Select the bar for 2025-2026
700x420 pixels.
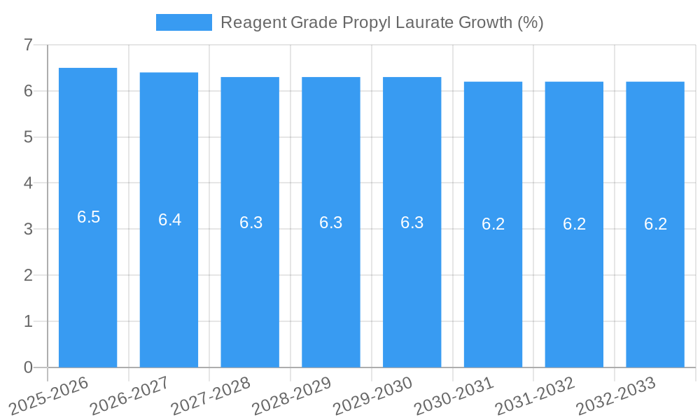tap(87, 280)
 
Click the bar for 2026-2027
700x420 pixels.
tap(169, 280)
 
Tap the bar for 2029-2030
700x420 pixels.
tap(412, 280)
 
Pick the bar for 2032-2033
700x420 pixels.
tap(655, 280)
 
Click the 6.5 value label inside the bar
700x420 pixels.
tap(89, 217)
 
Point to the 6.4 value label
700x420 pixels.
tap(169, 220)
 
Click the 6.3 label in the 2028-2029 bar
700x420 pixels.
tap(330, 223)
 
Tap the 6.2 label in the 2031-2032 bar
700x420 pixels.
tap(574, 224)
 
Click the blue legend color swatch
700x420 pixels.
tap(183, 22)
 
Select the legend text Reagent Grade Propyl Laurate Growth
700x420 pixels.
tap(381, 22)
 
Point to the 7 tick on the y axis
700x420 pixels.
tap(28, 45)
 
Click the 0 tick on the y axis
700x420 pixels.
tap(28, 367)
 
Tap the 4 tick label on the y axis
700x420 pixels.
tap(28, 183)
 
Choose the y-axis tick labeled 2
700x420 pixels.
tap(28, 275)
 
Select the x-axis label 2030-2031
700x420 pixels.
tap(454, 395)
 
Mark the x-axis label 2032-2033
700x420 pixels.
tap(616, 395)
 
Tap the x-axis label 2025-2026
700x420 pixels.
tap(49, 395)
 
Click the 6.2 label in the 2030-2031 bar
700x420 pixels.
tap(493, 224)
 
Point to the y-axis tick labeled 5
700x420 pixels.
tap(28, 137)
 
